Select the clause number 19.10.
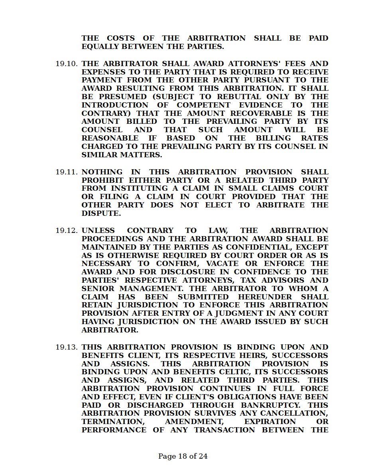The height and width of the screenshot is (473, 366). (67, 64)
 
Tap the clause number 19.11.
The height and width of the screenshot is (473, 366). (67, 172)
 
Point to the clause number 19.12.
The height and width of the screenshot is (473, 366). (67, 231)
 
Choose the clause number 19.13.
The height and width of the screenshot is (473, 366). (67, 347)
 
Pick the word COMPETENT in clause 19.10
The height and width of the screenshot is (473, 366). (203, 105)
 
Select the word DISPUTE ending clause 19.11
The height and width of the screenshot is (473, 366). (100, 213)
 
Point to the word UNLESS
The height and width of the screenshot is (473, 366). (98, 231)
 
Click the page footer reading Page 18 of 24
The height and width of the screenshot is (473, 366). (183, 456)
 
